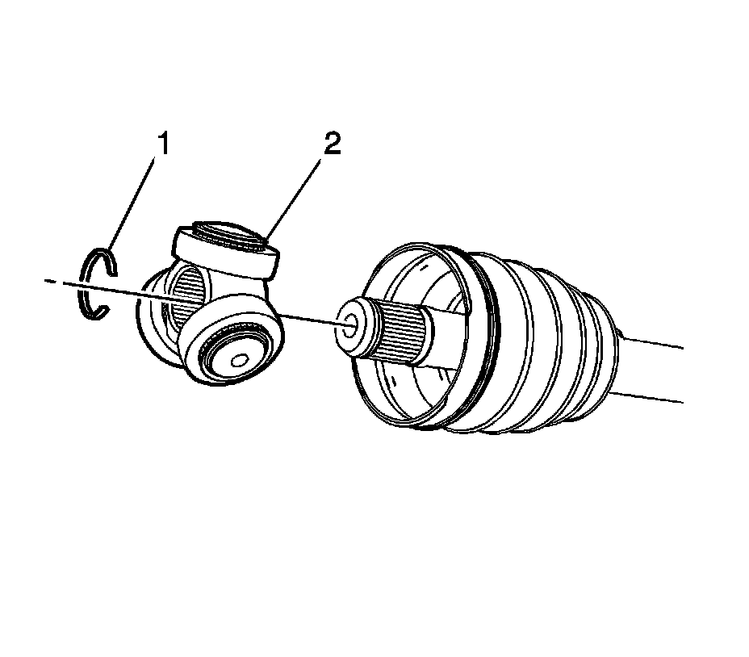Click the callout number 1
pyautogui.click(x=164, y=147)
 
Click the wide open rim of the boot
pyautogui.click(x=379, y=266)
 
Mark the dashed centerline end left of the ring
pyautogui.click(x=50, y=280)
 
